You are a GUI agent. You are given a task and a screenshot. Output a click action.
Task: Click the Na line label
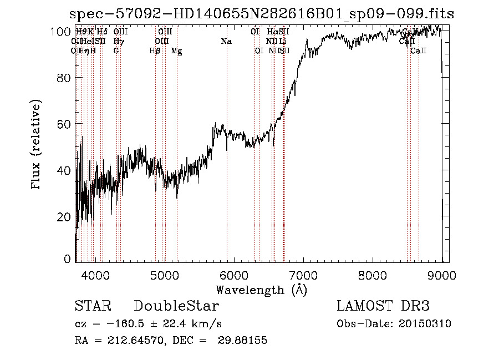tap(226, 41)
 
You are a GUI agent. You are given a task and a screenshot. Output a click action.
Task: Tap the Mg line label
tap(176, 51)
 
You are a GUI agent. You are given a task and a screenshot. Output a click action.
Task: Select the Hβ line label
tap(155, 51)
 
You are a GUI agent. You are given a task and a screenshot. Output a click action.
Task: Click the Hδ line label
tap(102, 32)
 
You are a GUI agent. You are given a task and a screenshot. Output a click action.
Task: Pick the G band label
tap(116, 51)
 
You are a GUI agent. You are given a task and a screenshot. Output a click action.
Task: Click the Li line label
tap(283, 41)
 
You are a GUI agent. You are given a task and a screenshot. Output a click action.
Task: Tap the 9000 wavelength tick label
tap(441, 275)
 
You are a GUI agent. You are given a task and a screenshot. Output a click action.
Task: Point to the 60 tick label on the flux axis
tap(64, 124)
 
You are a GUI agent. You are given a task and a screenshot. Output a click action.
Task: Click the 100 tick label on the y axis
tap(61, 32)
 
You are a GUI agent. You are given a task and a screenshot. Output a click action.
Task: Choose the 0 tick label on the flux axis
tap(68, 258)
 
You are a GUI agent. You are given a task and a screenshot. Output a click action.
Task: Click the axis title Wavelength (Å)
tap(261, 290)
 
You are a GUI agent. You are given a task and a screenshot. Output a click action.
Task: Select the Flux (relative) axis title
tap(37, 145)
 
